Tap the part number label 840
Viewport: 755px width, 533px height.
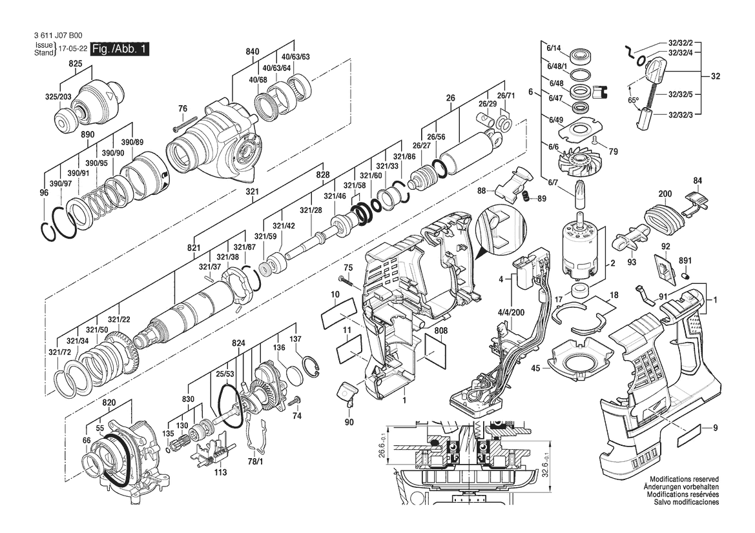(x=252, y=52)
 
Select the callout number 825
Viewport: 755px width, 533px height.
(x=76, y=64)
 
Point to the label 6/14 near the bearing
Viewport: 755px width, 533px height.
(x=555, y=48)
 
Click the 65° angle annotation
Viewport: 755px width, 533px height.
(x=634, y=100)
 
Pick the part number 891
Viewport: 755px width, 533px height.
(x=685, y=262)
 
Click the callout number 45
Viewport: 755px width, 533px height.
(x=535, y=368)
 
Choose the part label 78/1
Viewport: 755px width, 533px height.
(x=255, y=462)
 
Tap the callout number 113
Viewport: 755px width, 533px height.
(x=220, y=472)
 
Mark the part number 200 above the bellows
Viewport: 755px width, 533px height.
(x=665, y=194)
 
